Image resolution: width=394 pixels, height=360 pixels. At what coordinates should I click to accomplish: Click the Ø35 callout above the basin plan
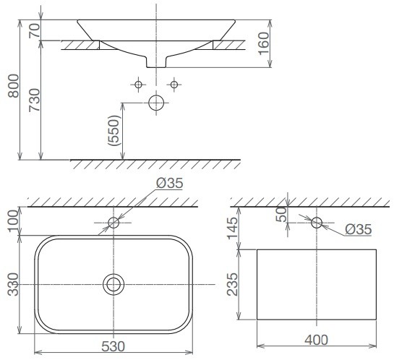coord(169,183)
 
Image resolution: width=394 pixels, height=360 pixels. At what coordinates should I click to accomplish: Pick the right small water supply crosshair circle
coord(174,85)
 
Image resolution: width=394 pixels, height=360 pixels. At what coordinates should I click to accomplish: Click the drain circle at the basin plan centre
coord(113,284)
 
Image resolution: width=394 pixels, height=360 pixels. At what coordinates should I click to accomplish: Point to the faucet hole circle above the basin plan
coord(113,222)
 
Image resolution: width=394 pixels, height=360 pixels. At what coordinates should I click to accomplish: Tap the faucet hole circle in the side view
coord(317,222)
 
